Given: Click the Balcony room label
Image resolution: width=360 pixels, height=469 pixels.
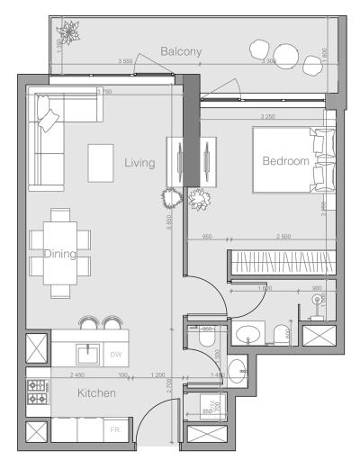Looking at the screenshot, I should (x=180, y=52).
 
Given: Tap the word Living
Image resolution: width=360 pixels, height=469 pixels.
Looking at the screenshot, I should (x=140, y=163).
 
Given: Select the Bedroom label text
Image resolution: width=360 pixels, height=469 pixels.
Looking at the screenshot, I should (x=285, y=161).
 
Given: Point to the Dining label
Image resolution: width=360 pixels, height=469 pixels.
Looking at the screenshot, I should (x=60, y=254).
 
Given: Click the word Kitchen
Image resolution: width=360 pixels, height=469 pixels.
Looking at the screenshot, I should (x=95, y=393).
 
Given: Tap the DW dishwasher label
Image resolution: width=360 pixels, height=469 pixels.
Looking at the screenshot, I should (x=115, y=355).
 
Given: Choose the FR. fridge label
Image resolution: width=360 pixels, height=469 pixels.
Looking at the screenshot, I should (x=115, y=431).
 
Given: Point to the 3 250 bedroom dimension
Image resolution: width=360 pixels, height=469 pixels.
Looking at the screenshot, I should (x=267, y=118).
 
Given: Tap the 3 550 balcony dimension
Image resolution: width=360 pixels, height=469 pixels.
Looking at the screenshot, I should (x=127, y=61).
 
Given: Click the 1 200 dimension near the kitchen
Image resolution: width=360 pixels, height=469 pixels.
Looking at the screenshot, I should (x=158, y=374).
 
